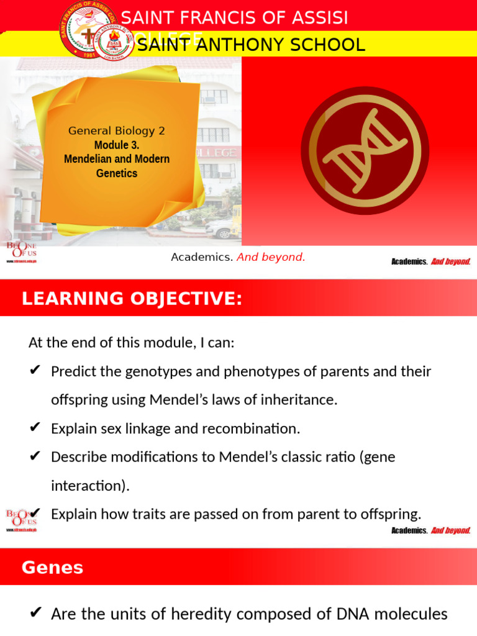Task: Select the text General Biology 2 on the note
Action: pyautogui.click(x=117, y=131)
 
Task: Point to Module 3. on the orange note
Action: pyautogui.click(x=117, y=145)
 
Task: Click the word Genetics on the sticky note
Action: pyautogui.click(x=117, y=173)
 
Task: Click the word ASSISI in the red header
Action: pyautogui.click(x=316, y=18)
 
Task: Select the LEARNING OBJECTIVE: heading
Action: pyautogui.click(x=132, y=299)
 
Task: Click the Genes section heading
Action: pyautogui.click(x=52, y=568)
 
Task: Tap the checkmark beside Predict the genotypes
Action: pyautogui.click(x=35, y=371)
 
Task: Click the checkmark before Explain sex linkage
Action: pyautogui.click(x=35, y=428)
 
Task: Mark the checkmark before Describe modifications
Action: pyautogui.click(x=35, y=457)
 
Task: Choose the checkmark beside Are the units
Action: pyautogui.click(x=35, y=614)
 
